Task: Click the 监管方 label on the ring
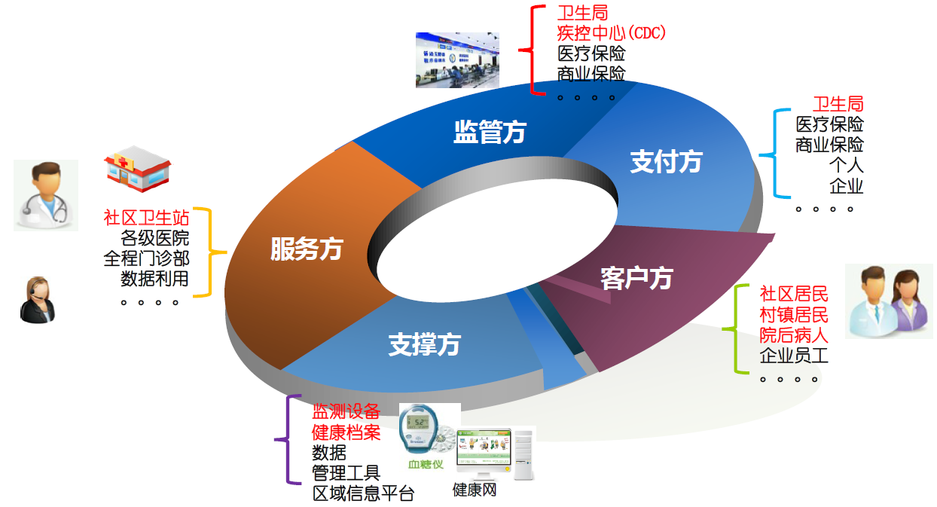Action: click(x=490, y=132)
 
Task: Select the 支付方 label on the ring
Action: click(x=666, y=161)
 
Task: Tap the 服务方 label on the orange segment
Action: click(x=307, y=249)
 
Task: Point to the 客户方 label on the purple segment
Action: click(x=636, y=278)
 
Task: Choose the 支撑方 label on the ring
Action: click(x=424, y=344)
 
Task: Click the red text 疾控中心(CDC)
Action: click(x=611, y=33)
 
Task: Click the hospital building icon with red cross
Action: click(x=138, y=169)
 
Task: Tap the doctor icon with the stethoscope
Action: click(x=46, y=195)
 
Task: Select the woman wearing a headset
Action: click(x=38, y=300)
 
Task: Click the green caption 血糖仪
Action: click(x=426, y=464)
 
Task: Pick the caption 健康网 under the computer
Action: click(x=475, y=490)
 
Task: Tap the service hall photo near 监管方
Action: click(x=457, y=60)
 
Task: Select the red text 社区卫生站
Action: click(x=146, y=218)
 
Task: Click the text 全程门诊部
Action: click(x=146, y=258)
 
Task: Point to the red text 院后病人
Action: click(x=794, y=335)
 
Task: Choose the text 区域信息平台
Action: click(x=363, y=493)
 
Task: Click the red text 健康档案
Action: click(x=346, y=432)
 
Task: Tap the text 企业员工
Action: click(x=794, y=356)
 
